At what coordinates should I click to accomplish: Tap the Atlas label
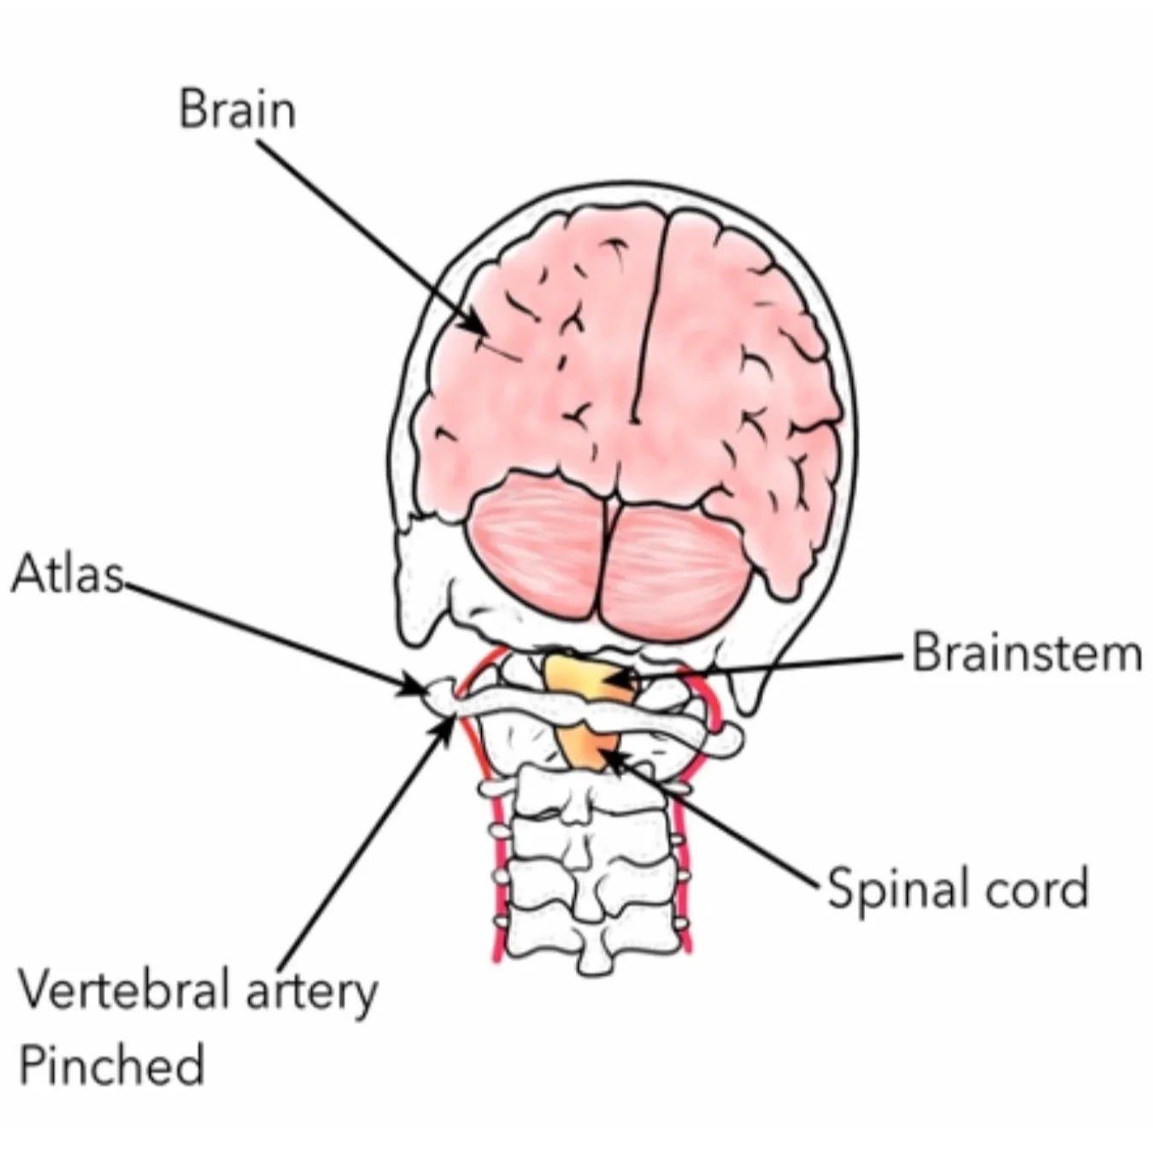point(67,574)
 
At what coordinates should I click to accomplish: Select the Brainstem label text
point(1027,653)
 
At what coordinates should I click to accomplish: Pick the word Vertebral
point(125,991)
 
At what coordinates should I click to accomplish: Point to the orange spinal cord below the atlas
point(587,747)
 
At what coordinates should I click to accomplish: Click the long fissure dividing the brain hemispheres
point(651,317)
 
